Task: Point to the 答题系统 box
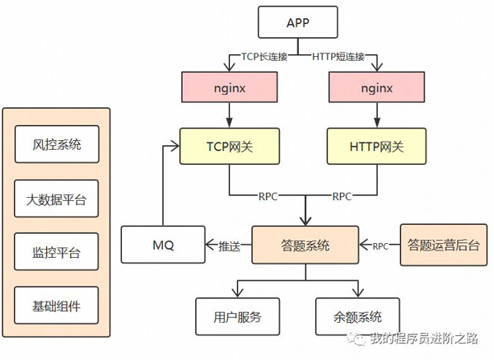coord(305,245)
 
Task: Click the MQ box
coord(163,245)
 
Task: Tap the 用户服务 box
coord(237,316)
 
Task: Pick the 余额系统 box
coord(358,316)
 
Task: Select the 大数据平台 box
coord(57,199)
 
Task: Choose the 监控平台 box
coord(57,252)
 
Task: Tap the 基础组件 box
coord(57,306)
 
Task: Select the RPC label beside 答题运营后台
coord(380,245)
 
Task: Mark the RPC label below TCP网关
coord(268,197)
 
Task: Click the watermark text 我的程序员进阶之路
coord(422,338)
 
